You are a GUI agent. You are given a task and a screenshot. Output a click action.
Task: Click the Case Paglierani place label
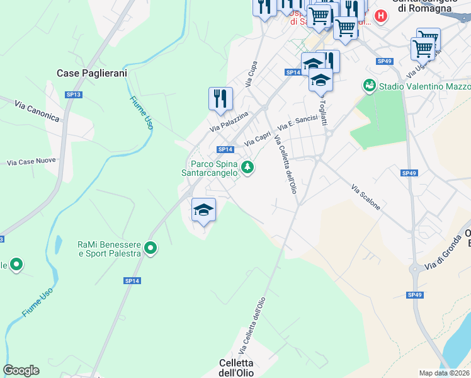[x=92, y=73]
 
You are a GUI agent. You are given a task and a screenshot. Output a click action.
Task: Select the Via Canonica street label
[x=38, y=113]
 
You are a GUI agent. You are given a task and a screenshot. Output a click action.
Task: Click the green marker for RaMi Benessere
[x=150, y=249]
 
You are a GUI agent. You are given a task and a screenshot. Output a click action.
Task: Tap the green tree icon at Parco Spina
[x=248, y=167]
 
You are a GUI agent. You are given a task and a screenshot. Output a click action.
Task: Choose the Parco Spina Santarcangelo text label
[x=210, y=167]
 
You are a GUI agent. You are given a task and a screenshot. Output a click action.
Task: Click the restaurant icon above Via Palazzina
[x=220, y=99]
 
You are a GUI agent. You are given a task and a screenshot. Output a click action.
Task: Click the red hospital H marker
[x=380, y=16]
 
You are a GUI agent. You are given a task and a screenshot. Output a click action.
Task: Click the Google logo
[x=21, y=370]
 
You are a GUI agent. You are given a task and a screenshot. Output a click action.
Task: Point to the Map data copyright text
[x=445, y=373]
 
